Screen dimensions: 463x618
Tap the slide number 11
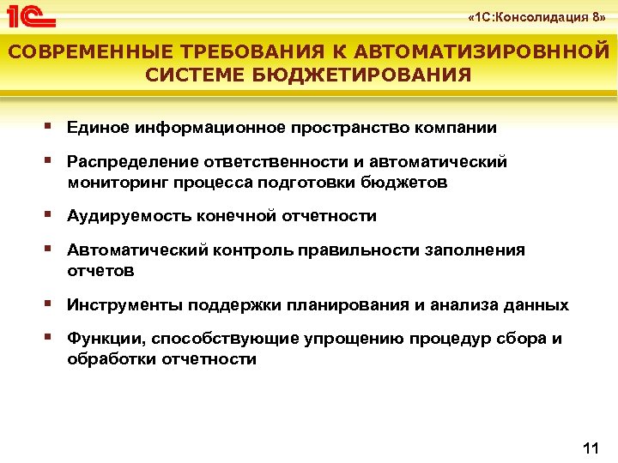590,448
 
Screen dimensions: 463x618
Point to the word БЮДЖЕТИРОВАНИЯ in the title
368,75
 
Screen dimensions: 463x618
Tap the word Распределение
132,162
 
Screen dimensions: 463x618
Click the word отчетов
101,271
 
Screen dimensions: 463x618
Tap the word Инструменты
126,304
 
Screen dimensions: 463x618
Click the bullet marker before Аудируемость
53,214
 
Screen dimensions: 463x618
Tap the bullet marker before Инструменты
53,303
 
